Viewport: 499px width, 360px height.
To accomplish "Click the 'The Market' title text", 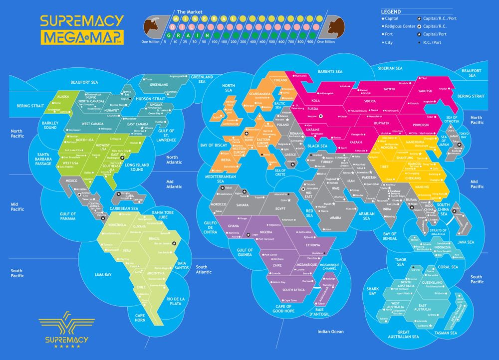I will (x=189, y=11).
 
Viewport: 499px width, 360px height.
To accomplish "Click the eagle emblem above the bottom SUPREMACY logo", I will (x=67, y=324).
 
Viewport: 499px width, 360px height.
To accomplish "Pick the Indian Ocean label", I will (x=331, y=332).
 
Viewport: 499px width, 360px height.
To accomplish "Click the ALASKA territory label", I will (x=63, y=97).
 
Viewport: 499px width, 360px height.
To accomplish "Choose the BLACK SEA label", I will (x=317, y=146).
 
